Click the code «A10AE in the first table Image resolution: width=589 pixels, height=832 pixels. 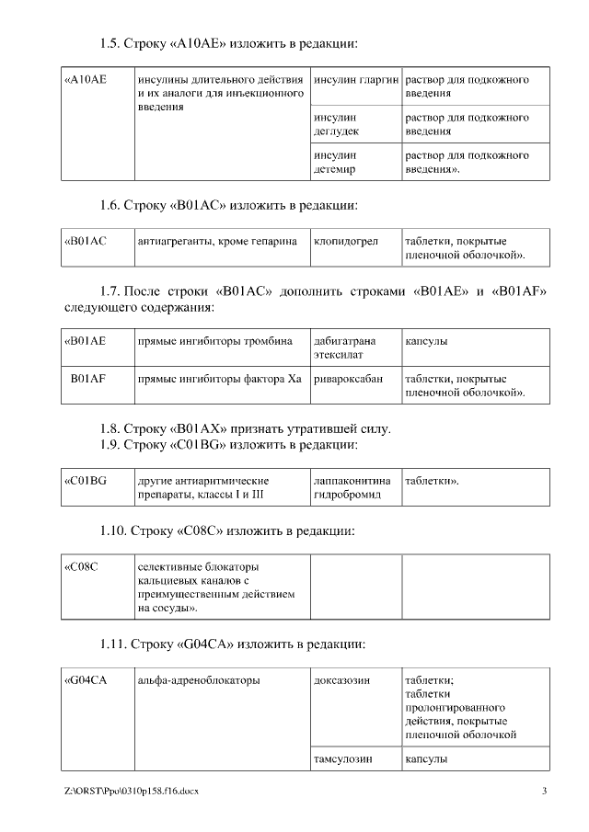tap(86, 80)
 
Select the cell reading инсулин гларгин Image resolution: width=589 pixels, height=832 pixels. tap(355, 80)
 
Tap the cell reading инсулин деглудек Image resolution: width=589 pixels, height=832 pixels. tap(336, 124)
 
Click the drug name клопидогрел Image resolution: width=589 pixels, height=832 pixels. tap(345, 241)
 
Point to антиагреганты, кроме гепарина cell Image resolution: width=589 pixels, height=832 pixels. tap(216, 241)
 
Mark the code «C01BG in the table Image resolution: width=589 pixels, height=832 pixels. tap(86, 481)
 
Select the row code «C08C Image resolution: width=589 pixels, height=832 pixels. tap(82, 565)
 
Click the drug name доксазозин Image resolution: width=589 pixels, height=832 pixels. tap(341, 681)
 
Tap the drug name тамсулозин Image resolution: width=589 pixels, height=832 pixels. tap(342, 760)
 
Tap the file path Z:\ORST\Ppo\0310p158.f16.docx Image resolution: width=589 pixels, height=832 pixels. tap(131, 792)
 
